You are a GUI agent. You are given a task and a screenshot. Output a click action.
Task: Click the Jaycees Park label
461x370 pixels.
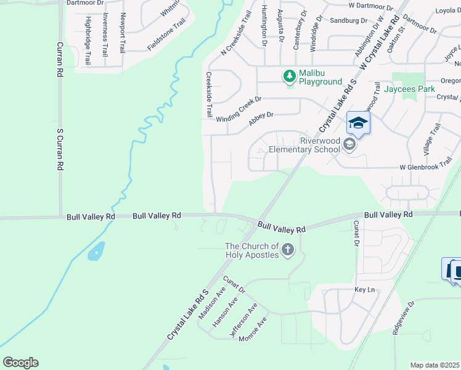[409, 89]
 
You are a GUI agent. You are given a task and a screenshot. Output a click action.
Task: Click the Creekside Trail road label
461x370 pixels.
[209, 94]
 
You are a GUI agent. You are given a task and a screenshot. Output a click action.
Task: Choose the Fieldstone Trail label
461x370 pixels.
[166, 35]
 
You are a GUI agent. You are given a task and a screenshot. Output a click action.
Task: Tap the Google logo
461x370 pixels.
[20, 363]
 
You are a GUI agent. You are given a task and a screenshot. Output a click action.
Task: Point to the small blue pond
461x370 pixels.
[97, 251]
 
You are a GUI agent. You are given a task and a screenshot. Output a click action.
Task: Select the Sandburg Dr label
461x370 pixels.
[345, 20]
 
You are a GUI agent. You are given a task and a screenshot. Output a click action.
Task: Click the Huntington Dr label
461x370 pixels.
[264, 27]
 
